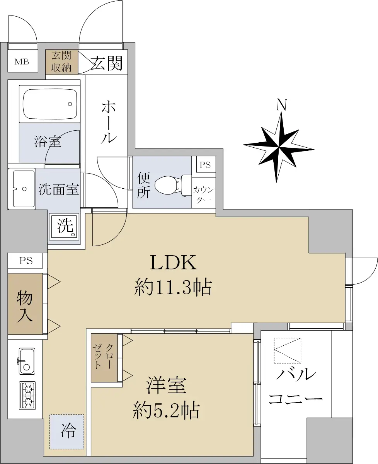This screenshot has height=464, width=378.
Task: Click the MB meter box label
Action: pyautogui.click(x=22, y=61)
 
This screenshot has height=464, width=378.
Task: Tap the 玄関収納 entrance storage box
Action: pyautogui.click(x=61, y=62)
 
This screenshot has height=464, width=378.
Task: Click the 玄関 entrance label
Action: pyautogui.click(x=106, y=63)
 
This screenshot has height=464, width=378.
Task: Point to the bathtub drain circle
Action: pyautogui.click(x=70, y=104)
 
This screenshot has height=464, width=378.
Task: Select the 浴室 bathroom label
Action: pyautogui.click(x=48, y=142)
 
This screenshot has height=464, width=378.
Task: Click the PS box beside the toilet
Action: pyautogui.click(x=205, y=164)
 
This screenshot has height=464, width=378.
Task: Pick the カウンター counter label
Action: pyautogui.click(x=203, y=194)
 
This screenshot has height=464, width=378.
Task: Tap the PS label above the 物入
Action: pyautogui.click(x=26, y=261)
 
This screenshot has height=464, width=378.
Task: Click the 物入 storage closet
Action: pyautogui.click(x=25, y=304)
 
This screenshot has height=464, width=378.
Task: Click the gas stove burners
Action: pyautogui.click(x=27, y=396)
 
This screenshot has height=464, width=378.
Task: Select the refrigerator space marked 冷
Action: pyautogui.click(x=67, y=432)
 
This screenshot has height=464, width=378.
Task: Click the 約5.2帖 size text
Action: pyautogui.click(x=166, y=411)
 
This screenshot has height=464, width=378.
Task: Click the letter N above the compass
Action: pyautogui.click(x=282, y=105)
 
